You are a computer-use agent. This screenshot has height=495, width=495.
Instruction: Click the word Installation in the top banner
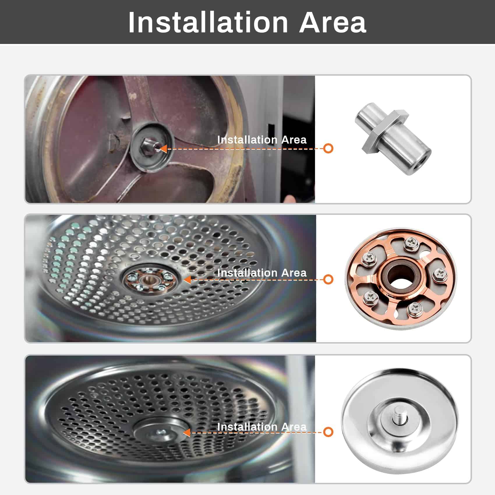tap(208, 22)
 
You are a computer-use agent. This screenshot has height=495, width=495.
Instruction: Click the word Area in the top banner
tap(333, 22)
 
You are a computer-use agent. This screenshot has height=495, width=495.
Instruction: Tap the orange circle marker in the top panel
tap(328, 148)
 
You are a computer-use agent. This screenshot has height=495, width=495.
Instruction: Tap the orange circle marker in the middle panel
tap(328, 280)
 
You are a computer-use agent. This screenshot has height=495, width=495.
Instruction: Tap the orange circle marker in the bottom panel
tap(328, 432)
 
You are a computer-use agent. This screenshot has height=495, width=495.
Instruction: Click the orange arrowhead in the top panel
tap(163, 149)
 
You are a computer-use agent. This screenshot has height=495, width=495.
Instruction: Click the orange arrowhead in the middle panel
tap(187, 280)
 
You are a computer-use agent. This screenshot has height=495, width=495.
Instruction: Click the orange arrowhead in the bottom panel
tap(187, 433)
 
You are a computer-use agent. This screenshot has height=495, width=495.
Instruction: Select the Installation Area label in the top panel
tap(262, 140)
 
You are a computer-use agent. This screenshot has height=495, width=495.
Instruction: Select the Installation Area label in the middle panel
tap(262, 273)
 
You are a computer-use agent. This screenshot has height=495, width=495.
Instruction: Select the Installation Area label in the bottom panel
tap(262, 427)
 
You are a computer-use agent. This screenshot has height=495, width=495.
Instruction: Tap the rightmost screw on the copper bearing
tap(440, 274)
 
